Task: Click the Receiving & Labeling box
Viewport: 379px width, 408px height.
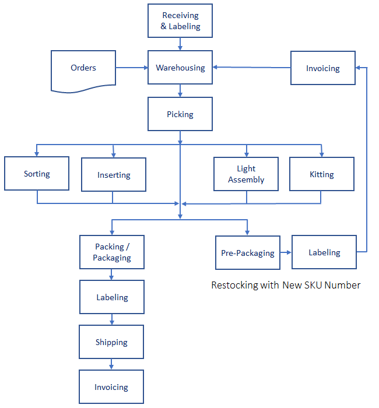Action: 180,21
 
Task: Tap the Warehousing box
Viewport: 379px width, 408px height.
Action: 180,68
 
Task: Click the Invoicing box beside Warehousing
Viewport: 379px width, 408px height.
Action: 322,68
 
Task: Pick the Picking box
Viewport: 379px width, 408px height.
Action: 180,114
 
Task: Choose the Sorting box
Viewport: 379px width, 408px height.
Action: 37,174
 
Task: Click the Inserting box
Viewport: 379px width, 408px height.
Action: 114,175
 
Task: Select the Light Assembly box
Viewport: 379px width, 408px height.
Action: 246,174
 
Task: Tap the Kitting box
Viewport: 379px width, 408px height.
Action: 322,174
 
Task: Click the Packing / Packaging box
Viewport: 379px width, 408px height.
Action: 112,252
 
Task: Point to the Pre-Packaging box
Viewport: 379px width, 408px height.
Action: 248,253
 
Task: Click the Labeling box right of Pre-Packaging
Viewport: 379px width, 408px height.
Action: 324,252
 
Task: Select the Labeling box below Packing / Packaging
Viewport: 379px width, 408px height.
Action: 112,297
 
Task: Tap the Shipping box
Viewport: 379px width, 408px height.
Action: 111,342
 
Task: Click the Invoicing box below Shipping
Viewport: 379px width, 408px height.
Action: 111,387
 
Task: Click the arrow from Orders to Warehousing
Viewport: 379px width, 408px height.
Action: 132,68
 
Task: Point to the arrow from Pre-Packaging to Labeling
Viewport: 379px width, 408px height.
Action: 286,253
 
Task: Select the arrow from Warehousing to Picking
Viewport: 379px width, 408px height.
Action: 180,90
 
